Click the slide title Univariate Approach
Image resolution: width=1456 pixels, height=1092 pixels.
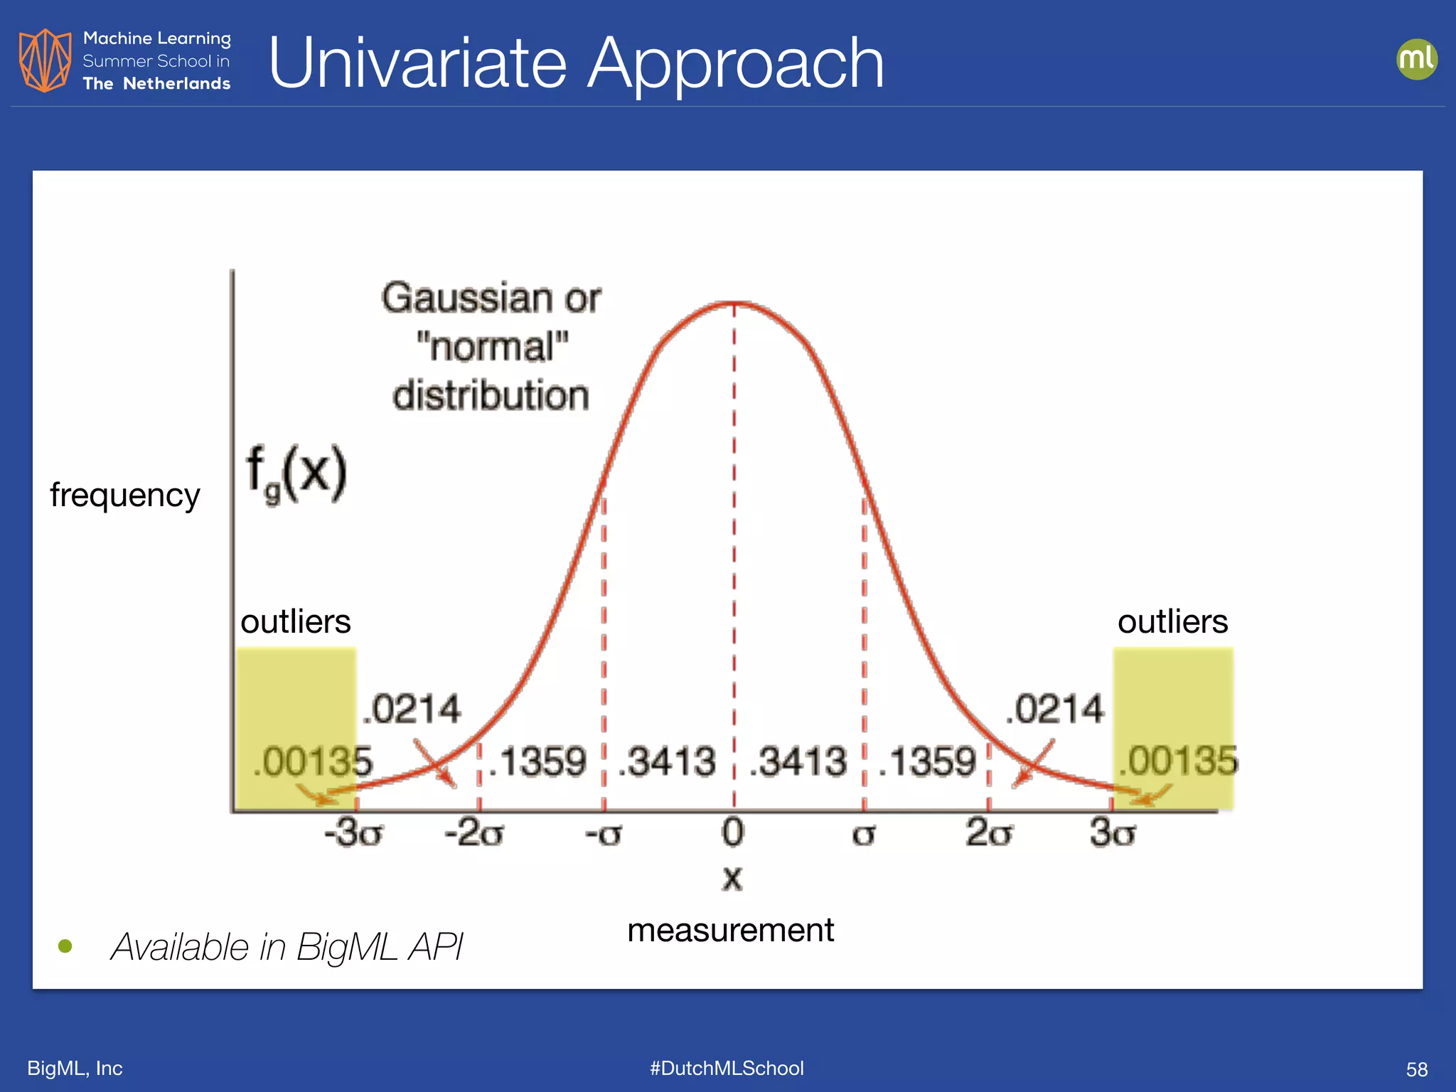click(x=576, y=64)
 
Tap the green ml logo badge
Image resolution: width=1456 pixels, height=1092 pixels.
click(x=1416, y=59)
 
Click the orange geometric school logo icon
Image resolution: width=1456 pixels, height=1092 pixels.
click(x=45, y=60)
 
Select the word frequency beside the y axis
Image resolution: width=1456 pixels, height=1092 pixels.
click(x=125, y=496)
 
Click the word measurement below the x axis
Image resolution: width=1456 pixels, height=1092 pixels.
click(x=730, y=931)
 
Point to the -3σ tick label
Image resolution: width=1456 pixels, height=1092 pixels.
click(x=353, y=833)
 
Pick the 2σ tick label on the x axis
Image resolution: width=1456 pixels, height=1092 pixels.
click(x=988, y=833)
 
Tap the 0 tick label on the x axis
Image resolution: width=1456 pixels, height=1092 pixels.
click(x=732, y=833)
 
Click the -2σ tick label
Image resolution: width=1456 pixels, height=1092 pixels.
click(x=474, y=833)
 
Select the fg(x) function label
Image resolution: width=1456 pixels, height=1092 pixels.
click(x=296, y=473)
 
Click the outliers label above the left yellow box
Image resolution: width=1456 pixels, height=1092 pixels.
click(x=296, y=622)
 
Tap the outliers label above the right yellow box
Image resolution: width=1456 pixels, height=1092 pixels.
click(x=1172, y=622)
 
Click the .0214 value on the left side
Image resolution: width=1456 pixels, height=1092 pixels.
click(x=412, y=710)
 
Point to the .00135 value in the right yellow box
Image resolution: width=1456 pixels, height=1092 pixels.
click(x=1178, y=761)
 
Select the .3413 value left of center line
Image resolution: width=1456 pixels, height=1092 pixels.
click(x=667, y=762)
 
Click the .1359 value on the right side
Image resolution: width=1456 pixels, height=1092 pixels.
click(x=927, y=762)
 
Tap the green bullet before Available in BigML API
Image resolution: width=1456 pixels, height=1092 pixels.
click(x=65, y=946)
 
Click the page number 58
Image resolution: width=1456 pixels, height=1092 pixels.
click(x=1416, y=1069)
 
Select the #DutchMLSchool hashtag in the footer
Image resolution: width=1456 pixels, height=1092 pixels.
click(x=727, y=1069)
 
